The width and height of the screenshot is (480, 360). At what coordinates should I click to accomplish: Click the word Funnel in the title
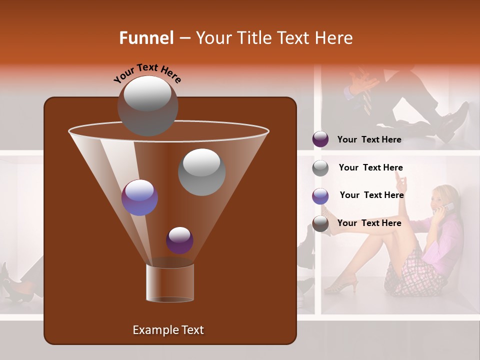146,38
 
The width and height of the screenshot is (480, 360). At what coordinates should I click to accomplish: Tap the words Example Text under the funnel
168,330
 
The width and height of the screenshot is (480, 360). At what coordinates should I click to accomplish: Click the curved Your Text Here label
147,72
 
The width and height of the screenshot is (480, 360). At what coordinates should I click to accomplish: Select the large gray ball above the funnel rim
147,105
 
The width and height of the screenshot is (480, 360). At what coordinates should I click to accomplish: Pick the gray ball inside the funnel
201,172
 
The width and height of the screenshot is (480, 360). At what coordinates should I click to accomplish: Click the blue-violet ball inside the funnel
139,197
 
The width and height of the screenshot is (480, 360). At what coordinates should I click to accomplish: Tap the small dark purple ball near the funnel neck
179,240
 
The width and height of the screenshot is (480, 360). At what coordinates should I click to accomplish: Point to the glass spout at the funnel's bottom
169,283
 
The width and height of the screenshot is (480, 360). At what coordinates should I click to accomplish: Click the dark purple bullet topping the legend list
320,139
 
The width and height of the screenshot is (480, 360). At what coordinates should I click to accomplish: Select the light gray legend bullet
320,167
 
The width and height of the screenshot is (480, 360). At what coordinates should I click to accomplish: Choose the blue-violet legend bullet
320,195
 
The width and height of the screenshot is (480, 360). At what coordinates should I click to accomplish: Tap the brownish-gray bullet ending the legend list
320,223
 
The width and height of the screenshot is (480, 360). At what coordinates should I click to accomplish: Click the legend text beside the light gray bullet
370,167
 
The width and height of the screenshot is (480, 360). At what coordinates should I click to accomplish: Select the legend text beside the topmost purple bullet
369,139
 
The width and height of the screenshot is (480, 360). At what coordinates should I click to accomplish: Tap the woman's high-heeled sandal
342,285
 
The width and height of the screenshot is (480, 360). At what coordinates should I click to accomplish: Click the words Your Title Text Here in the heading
274,38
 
